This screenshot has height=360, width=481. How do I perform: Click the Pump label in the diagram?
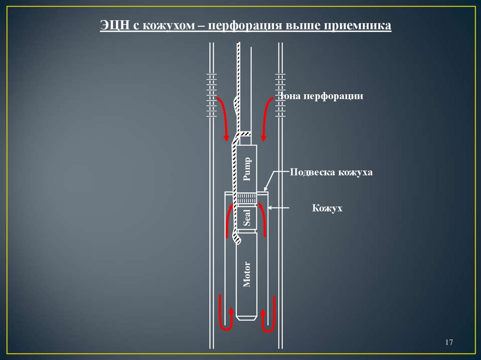point(247,169)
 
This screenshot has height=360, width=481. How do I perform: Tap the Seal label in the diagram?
point(247,218)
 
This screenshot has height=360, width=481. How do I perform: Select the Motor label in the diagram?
point(247,275)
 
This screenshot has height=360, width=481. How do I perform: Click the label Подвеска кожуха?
point(331,172)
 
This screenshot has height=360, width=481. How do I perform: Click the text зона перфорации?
point(322,97)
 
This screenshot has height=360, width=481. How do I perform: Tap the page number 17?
point(448,343)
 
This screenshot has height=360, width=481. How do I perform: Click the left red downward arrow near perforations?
point(224,117)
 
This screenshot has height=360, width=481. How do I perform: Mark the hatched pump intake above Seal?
point(247,199)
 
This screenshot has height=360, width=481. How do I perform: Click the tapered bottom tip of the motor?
point(247,317)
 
